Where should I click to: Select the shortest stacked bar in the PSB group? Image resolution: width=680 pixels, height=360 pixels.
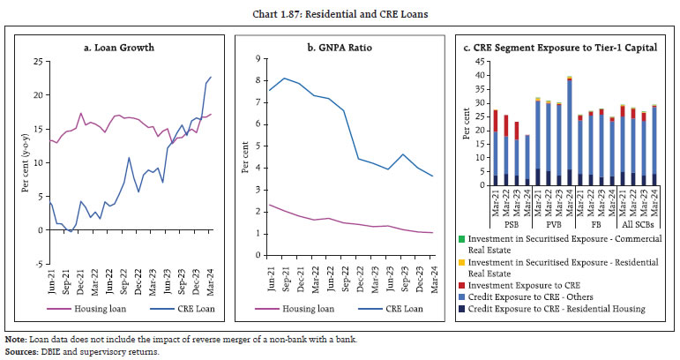click(x=527, y=160)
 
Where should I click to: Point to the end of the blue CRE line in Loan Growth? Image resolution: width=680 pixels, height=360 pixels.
click(x=211, y=77)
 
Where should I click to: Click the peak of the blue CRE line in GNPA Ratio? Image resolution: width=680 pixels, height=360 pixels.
click(x=282, y=78)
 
